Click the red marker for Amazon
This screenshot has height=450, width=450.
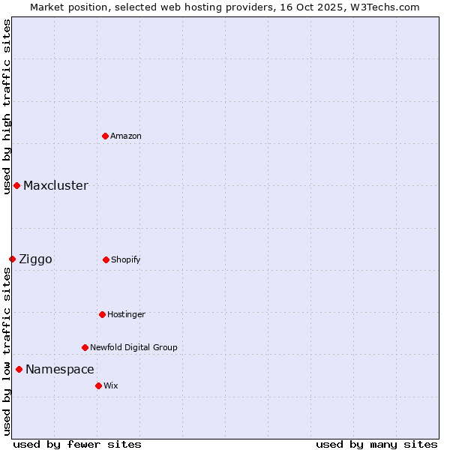105,136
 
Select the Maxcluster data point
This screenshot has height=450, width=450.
16,185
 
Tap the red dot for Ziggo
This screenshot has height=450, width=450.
12,259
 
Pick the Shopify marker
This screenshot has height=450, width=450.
106,259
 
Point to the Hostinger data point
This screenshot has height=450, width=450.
102,314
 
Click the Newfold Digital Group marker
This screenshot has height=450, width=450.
85,347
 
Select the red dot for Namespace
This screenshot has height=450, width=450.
19,369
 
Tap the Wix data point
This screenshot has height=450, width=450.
98,385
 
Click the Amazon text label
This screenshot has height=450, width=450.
126,136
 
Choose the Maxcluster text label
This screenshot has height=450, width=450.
55,185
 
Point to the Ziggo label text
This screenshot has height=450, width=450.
35,259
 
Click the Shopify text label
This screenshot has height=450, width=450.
126,259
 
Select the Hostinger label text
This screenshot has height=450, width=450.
126,314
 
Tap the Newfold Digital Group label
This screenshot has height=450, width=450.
133,347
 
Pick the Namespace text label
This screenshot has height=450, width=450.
60,369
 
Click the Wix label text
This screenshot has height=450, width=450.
111,385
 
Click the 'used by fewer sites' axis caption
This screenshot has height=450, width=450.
77,444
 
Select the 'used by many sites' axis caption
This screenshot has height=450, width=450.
376,444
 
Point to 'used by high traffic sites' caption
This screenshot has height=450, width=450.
7,101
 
